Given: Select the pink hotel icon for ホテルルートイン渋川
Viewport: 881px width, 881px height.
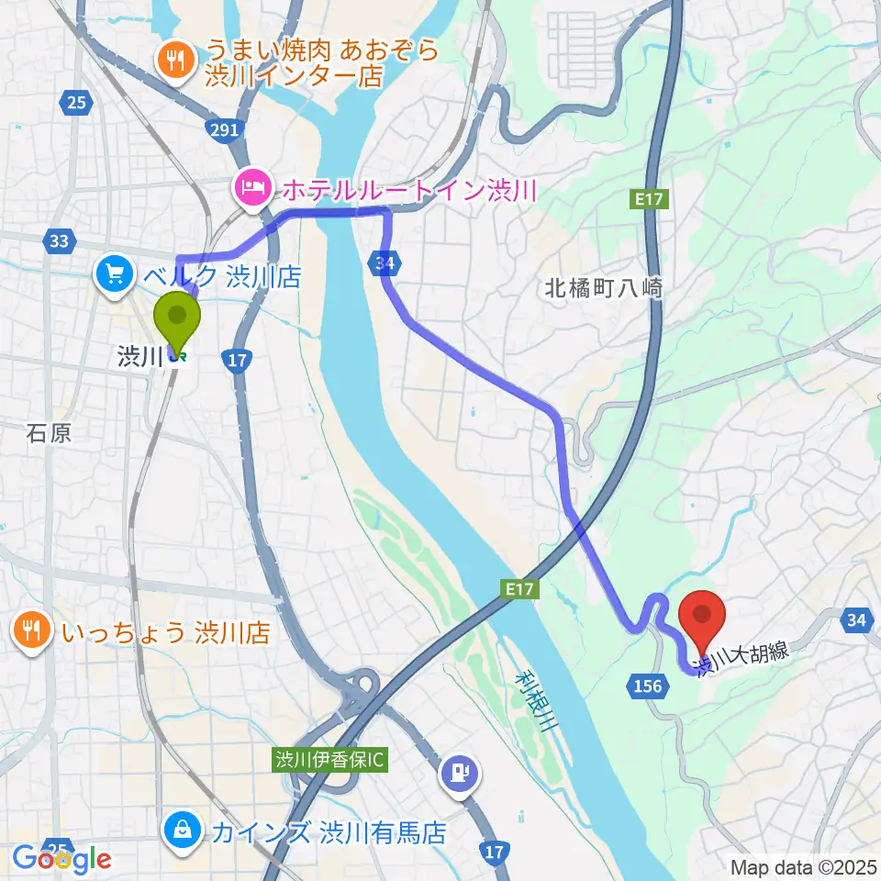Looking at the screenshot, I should pos(251,189).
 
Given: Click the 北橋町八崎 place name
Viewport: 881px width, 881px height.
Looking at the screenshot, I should pos(601,287).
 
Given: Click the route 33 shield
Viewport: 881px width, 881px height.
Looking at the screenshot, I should pos(60,241).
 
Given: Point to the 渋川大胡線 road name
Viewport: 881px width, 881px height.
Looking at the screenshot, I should pos(743,659).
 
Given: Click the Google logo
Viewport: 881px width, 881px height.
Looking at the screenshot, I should pos(62,859).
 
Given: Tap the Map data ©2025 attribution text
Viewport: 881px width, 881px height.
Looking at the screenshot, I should pos(804,865).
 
